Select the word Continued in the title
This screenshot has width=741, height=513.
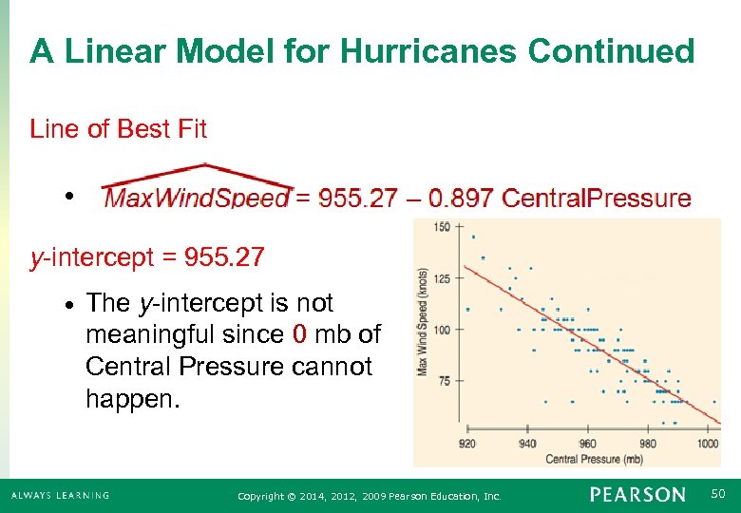tap(611, 51)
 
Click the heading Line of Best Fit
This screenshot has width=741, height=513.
tap(118, 129)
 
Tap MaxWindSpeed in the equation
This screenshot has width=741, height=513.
tap(196, 198)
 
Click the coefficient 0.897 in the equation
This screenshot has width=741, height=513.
tap(461, 198)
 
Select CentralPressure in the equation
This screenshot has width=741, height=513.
tap(597, 198)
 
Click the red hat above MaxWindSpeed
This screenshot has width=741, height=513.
tap(197, 176)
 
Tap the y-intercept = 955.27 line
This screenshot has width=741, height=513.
tap(147, 256)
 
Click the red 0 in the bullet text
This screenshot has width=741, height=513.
tap(299, 334)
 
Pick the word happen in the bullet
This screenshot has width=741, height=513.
tap(127, 398)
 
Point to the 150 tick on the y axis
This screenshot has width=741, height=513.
tap(443, 227)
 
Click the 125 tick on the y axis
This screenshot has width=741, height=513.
tap(443, 278)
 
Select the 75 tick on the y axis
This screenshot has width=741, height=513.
tap(446, 381)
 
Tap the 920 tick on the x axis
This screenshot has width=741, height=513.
tap(467, 444)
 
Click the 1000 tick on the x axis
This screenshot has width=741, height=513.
tap(707, 444)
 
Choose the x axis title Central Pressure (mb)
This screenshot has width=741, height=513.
tap(594, 459)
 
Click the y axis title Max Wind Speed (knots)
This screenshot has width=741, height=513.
tap(424, 321)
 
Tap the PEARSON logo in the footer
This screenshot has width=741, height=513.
tap(636, 495)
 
